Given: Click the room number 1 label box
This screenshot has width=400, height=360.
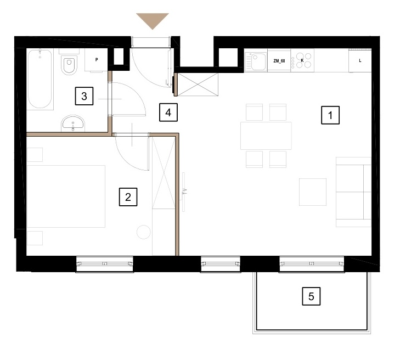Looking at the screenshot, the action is click(x=330, y=115).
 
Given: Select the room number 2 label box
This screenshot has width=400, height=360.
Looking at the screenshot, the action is click(x=128, y=197).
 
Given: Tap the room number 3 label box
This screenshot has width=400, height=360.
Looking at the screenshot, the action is click(x=84, y=96).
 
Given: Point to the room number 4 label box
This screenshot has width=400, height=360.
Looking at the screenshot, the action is click(x=168, y=113).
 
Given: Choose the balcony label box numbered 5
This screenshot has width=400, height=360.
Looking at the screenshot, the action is click(x=311, y=296).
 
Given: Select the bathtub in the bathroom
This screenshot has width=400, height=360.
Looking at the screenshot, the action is click(x=40, y=80).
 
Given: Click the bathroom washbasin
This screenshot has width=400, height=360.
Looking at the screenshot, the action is click(x=73, y=123).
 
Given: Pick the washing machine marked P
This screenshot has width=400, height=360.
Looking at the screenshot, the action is click(x=96, y=60).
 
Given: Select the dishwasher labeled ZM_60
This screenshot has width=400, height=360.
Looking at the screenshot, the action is click(x=279, y=61).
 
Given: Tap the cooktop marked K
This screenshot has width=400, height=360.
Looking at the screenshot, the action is click(x=302, y=61).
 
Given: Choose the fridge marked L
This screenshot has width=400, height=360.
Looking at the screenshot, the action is click(x=360, y=61).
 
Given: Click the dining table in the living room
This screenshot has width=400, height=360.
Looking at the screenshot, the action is click(x=266, y=136).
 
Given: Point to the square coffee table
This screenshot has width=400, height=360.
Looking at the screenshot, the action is click(x=313, y=192).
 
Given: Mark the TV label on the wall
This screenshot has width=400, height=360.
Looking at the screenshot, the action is click(x=185, y=192).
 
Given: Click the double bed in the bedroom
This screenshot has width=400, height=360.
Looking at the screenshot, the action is click(x=66, y=196).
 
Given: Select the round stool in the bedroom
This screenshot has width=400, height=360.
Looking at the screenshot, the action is click(x=144, y=232).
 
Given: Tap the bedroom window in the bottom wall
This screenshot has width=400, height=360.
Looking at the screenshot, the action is click(x=105, y=264).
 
